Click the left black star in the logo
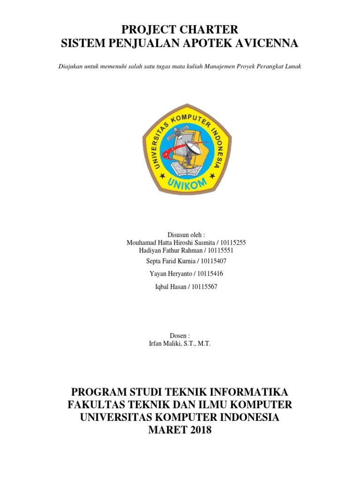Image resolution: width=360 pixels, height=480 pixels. coord(163,177)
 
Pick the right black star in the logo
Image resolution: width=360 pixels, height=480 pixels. coord(210,177)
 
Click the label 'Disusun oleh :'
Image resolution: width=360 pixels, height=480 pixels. coord(186,234)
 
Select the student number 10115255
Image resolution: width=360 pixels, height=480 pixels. coord(232,243)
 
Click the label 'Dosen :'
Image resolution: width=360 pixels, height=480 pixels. coord(180,336)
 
